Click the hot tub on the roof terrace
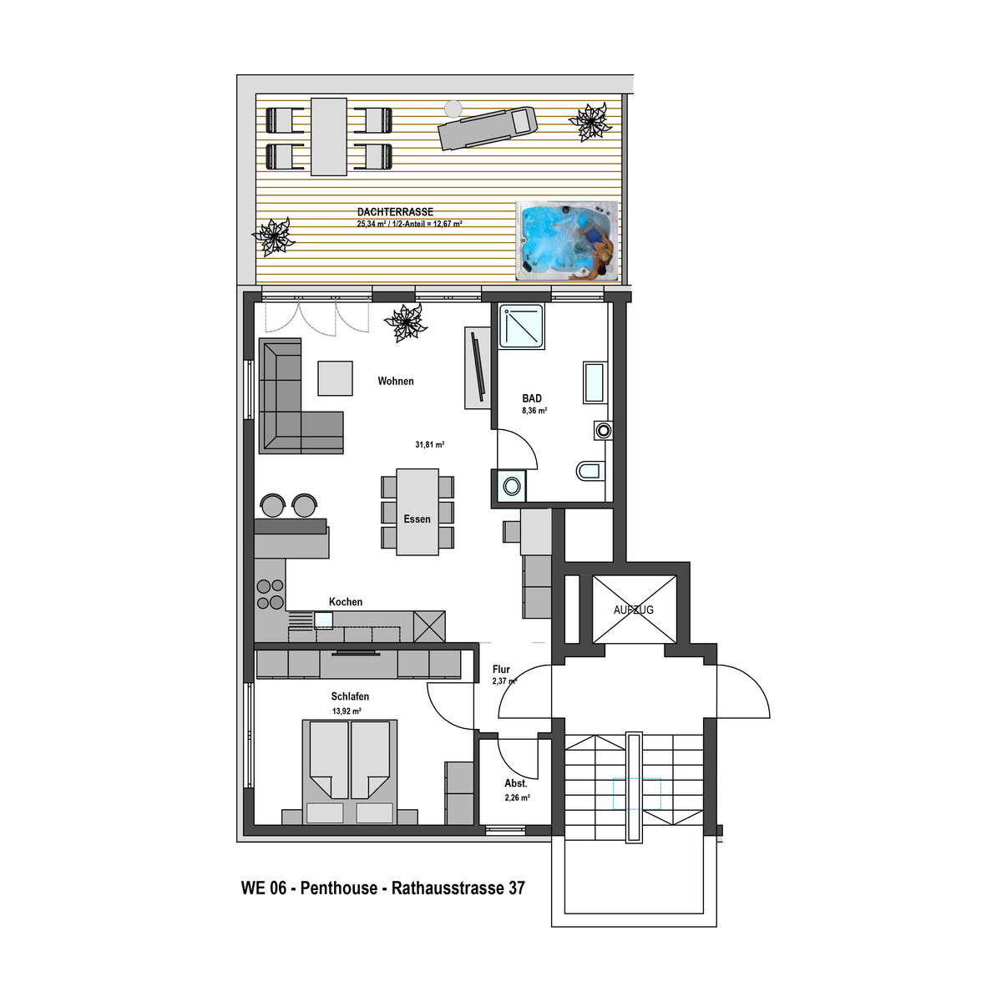(x=567, y=240)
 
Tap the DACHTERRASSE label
(x=395, y=211)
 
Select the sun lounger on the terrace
(x=487, y=128)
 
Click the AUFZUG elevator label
(x=633, y=610)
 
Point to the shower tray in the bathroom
(x=522, y=326)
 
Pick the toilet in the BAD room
(x=590, y=471)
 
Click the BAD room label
(x=532, y=398)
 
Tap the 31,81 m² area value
(x=429, y=444)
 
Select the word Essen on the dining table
(x=417, y=519)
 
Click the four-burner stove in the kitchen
(x=271, y=594)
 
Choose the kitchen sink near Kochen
(x=323, y=620)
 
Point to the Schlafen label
(x=350, y=696)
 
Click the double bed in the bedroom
(x=349, y=772)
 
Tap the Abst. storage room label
(x=516, y=783)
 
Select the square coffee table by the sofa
(x=336, y=378)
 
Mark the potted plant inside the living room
(x=406, y=322)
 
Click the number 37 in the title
(x=516, y=888)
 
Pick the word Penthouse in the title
(x=338, y=888)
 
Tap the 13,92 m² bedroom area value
(x=347, y=711)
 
